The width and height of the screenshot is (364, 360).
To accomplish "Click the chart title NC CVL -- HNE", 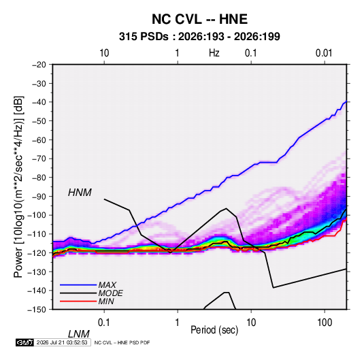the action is click(x=199, y=19).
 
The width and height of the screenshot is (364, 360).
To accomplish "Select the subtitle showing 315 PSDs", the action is click(x=199, y=37).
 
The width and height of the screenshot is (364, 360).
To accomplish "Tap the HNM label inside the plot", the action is click(x=80, y=193).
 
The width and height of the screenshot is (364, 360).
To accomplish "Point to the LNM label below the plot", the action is click(x=79, y=334).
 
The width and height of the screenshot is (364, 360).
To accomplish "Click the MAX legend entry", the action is click(x=107, y=284).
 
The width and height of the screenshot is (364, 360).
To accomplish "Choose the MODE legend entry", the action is click(x=110, y=293).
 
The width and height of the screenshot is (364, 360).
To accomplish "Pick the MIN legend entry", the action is click(x=106, y=301).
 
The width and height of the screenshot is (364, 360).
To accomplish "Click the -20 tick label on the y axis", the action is click(x=39, y=65).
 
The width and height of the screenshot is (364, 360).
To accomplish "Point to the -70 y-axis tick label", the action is click(x=39, y=159).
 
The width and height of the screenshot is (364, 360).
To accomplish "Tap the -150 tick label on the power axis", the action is click(x=37, y=310).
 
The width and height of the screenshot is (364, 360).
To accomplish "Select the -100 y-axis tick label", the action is click(x=37, y=215).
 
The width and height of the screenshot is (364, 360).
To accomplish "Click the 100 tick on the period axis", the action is click(x=325, y=323).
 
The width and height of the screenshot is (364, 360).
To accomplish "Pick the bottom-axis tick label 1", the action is click(x=178, y=323).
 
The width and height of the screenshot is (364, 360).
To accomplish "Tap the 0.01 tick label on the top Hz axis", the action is click(x=324, y=53).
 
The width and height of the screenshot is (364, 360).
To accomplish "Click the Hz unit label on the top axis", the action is click(x=214, y=53).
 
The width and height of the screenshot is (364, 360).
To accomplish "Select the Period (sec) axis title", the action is click(x=214, y=330).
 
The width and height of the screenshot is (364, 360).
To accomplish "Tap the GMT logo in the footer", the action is click(x=24, y=342).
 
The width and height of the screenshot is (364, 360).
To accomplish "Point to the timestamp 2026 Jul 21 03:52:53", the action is click(x=62, y=342).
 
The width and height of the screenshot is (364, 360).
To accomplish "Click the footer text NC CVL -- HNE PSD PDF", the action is click(x=122, y=342).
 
